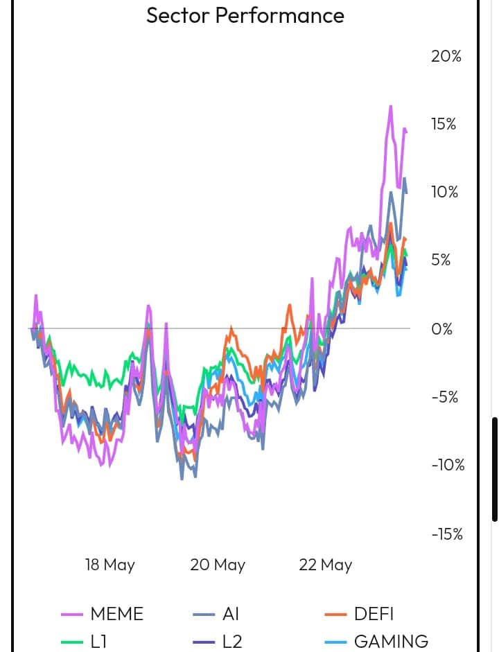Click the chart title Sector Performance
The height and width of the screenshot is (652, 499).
(245, 15)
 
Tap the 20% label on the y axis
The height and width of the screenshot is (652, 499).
(446, 56)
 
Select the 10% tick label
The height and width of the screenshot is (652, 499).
(445, 192)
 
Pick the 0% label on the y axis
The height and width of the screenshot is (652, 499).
(441, 328)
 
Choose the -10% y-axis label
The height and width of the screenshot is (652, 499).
(447, 464)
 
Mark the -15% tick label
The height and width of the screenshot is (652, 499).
(447, 534)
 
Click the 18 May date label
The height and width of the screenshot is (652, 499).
(110, 565)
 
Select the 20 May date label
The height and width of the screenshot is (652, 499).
(218, 565)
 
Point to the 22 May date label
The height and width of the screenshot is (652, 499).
(326, 565)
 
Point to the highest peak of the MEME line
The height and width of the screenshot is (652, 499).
(391, 106)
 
